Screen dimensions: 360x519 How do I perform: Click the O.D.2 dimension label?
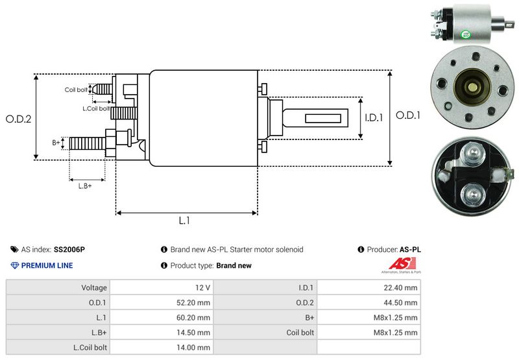[19, 119]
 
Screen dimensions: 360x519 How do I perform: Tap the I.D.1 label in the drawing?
[375, 118]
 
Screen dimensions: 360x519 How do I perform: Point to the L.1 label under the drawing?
[184, 221]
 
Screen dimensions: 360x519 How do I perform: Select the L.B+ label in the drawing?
[84, 186]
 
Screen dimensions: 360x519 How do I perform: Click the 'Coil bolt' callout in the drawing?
[76, 90]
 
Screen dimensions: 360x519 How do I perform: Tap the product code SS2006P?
[69, 249]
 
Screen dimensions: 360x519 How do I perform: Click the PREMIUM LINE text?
[47, 265]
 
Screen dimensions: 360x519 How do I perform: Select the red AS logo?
[398, 265]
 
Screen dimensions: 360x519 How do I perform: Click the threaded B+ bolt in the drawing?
[86, 143]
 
